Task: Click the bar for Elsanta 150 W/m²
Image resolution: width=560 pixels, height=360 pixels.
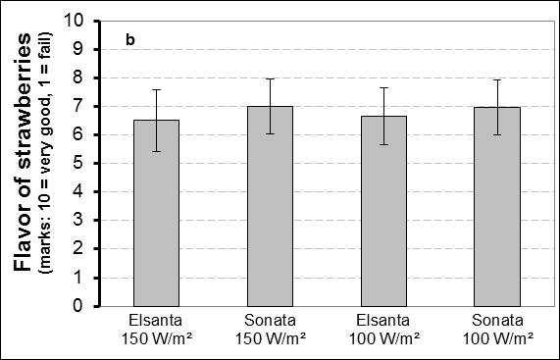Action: tap(157, 213)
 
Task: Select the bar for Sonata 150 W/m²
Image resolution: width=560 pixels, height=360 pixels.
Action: tap(271, 206)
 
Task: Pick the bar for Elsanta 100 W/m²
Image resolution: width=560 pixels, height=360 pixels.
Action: tap(383, 211)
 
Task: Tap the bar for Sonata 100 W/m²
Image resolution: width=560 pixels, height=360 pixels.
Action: tap(497, 207)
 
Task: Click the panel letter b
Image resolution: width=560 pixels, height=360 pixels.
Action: tap(130, 40)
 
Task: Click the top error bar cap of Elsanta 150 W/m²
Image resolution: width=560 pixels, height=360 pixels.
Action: tap(157, 89)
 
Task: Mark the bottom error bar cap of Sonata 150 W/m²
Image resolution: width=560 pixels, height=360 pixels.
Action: tap(271, 134)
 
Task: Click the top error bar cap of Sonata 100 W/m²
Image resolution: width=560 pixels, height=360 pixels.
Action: tap(497, 79)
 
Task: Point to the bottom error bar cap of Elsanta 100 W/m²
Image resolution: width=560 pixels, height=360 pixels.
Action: tap(383, 144)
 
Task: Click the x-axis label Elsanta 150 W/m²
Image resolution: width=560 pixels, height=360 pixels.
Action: tap(157, 330)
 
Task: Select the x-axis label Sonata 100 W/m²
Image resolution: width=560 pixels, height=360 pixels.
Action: tap(497, 330)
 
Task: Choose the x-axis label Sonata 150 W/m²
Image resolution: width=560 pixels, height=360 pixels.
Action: tap(271, 330)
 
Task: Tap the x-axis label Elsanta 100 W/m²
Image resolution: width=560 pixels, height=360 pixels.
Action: tap(383, 330)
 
